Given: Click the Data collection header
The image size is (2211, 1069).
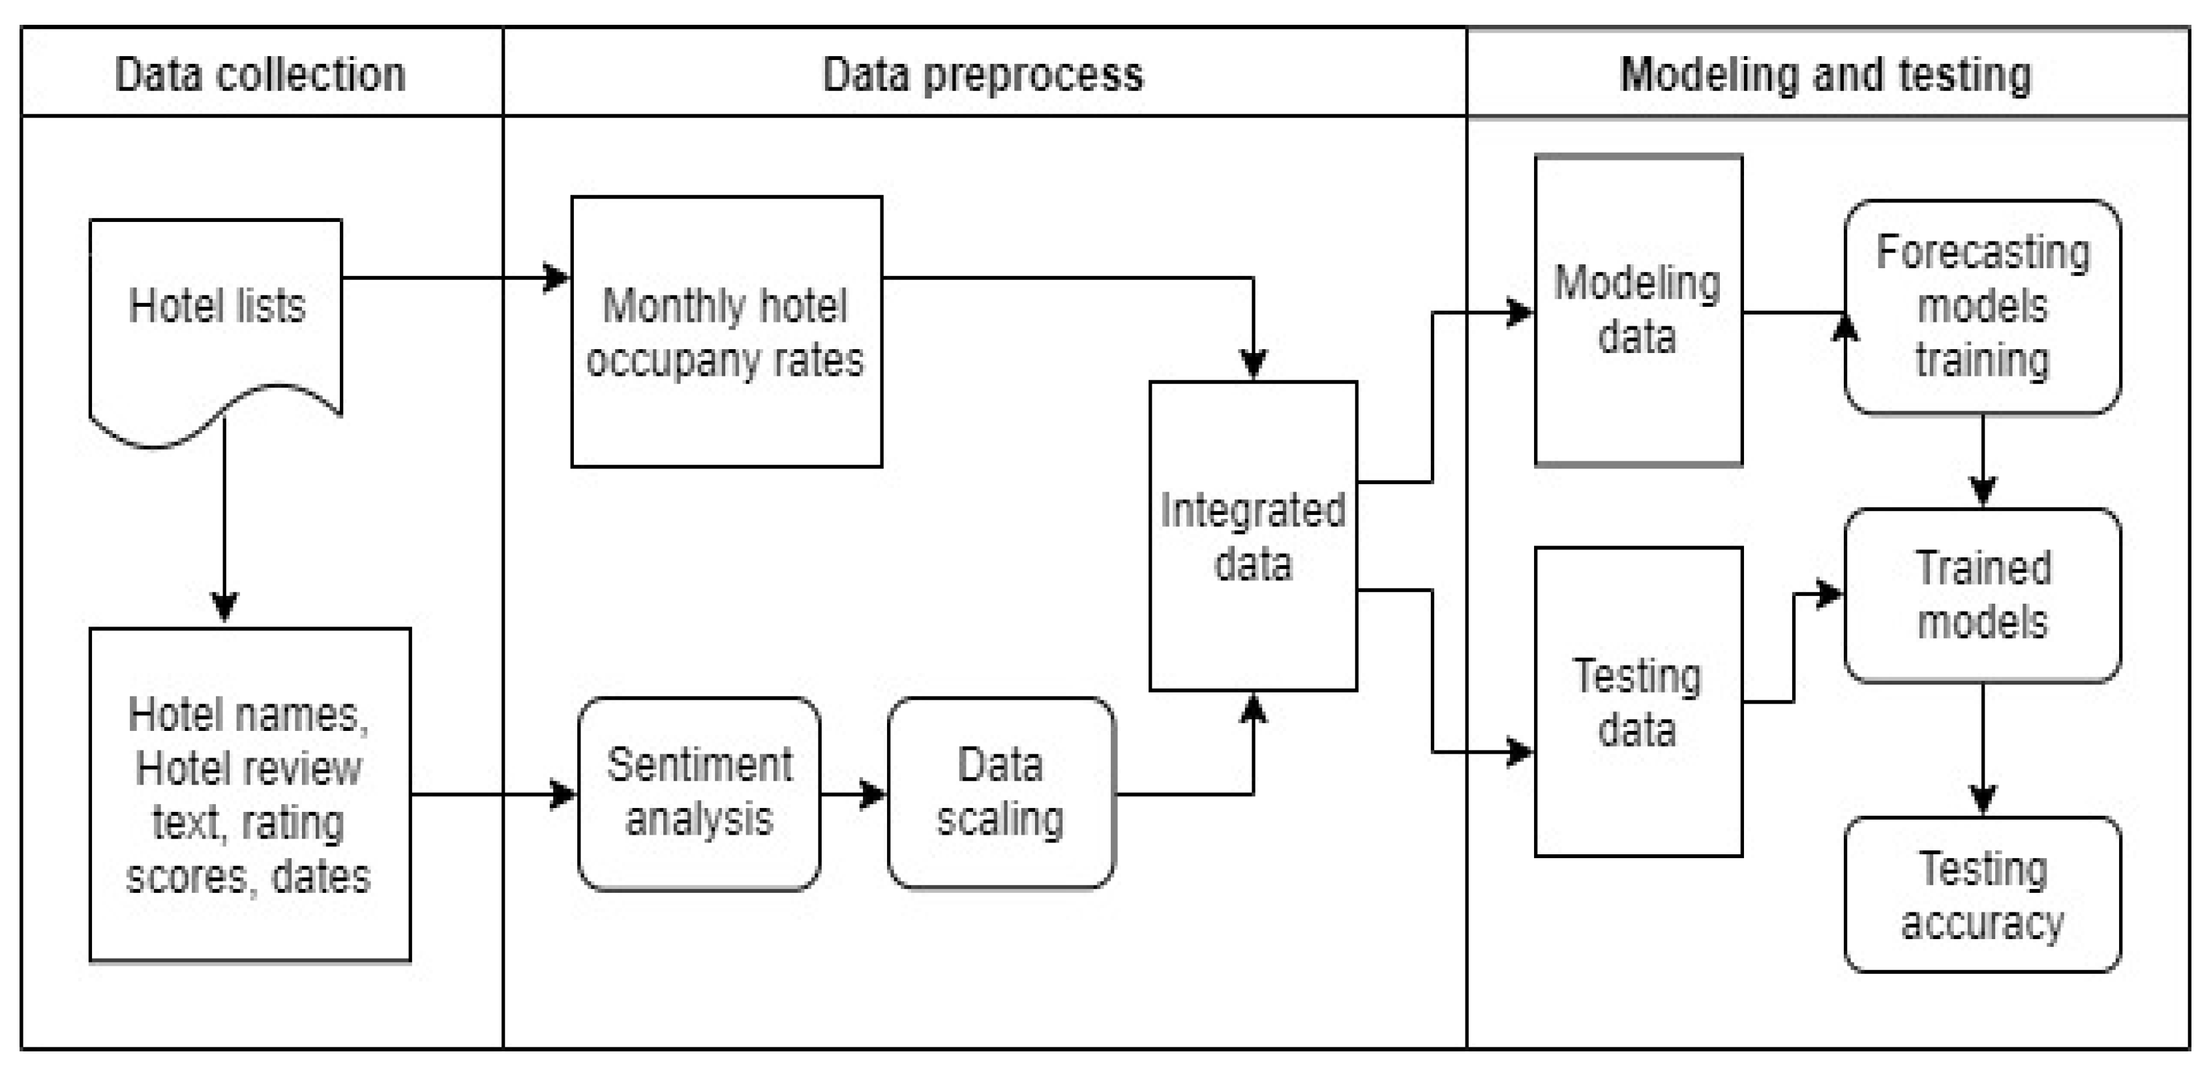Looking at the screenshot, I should pyautogui.click(x=260, y=74).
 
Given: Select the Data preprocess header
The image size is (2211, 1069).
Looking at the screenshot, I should pyautogui.click(x=983, y=74).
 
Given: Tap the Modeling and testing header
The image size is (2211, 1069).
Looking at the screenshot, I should pyautogui.click(x=1826, y=74).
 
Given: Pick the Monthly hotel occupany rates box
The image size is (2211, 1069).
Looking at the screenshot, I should pyautogui.click(x=726, y=332).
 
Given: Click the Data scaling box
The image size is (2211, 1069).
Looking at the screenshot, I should pyautogui.click(x=1000, y=792).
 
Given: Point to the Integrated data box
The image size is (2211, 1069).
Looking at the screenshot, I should pyautogui.click(x=1253, y=536).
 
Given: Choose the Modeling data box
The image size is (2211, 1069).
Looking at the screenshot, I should pyautogui.click(x=1638, y=310).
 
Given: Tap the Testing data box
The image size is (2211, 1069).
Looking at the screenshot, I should pyautogui.click(x=1638, y=702).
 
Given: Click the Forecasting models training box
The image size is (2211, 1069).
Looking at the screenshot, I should pyautogui.click(x=1982, y=307).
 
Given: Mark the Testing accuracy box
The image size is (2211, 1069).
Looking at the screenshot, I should pyautogui.click(x=1982, y=895).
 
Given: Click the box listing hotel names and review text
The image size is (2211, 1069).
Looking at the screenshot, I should pyautogui.click(x=250, y=794).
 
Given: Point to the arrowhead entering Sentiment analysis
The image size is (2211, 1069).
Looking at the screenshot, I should pyautogui.click(x=563, y=794).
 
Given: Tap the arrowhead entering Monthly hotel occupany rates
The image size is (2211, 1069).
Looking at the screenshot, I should pyautogui.click(x=556, y=277).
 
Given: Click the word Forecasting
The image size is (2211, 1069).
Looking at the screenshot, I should pyautogui.click(x=1982, y=253).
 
